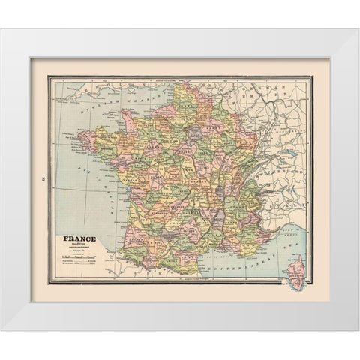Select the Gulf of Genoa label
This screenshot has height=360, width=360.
click(296, 229)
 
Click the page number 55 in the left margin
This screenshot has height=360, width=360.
click(42, 178)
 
